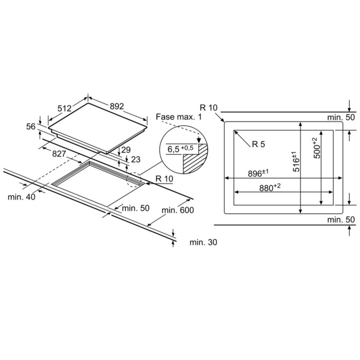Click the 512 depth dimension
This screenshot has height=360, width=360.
(64, 108)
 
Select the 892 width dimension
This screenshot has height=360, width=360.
(117, 106)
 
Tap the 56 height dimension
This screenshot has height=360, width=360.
(31, 127)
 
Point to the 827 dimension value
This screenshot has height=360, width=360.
(59, 154)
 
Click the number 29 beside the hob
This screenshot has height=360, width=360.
(126, 150)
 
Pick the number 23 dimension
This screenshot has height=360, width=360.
(135, 159)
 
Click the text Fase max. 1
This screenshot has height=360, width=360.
(178, 117)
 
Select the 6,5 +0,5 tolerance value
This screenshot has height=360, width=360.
(181, 149)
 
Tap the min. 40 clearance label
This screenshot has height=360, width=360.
(22, 197)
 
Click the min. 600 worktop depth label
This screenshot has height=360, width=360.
(178, 210)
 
